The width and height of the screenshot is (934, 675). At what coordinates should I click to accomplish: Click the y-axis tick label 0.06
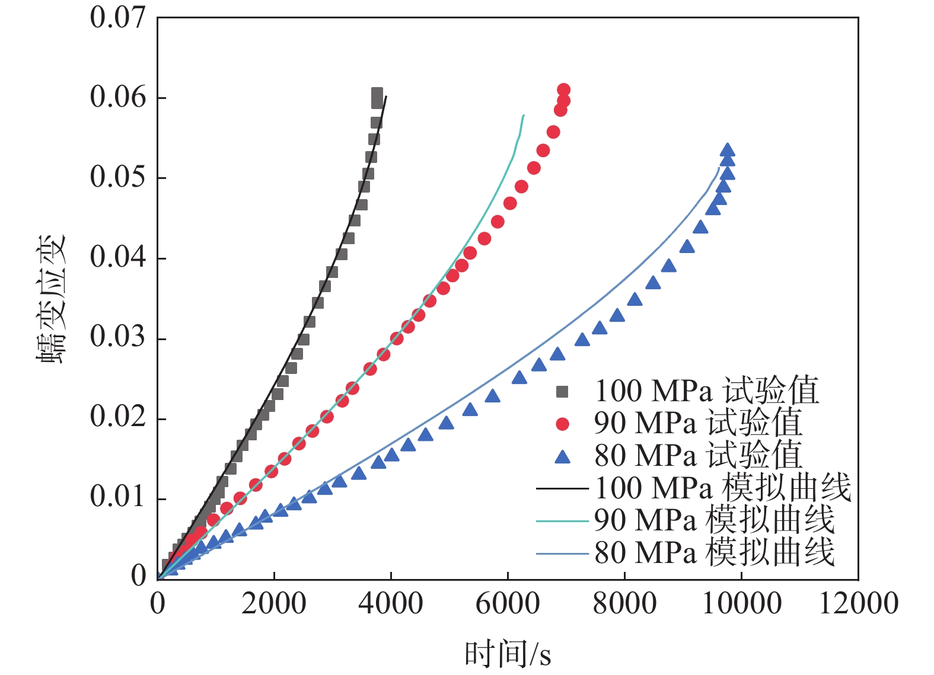(117, 97)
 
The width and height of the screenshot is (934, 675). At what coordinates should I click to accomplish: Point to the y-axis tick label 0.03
(117, 337)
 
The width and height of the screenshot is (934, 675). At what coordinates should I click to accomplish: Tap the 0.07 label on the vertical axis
(117, 17)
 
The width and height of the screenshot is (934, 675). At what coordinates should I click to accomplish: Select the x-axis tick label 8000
(624, 603)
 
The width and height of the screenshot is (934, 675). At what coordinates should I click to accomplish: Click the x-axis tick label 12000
(858, 603)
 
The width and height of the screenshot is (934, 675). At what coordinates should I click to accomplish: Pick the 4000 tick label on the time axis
(391, 603)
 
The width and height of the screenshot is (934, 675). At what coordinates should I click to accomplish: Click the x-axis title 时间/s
(508, 654)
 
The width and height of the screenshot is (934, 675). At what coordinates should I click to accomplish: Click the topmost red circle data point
(563, 90)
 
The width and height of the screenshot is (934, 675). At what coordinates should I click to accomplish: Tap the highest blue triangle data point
(728, 151)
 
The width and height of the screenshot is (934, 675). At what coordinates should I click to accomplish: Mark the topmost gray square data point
(377, 94)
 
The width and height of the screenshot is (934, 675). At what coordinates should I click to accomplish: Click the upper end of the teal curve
(524, 116)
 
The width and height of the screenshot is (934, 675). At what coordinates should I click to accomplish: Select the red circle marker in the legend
(562, 424)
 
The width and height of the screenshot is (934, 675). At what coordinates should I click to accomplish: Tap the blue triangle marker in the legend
(562, 456)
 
